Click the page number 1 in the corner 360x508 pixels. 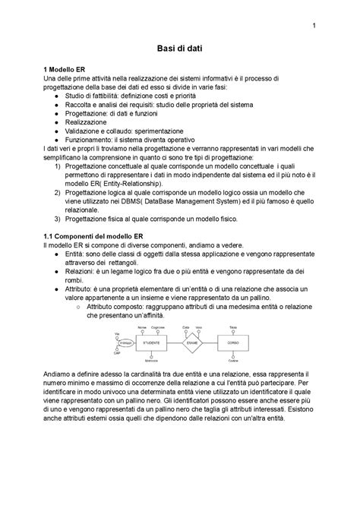coord(314,30)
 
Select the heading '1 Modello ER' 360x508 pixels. coord(65,68)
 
